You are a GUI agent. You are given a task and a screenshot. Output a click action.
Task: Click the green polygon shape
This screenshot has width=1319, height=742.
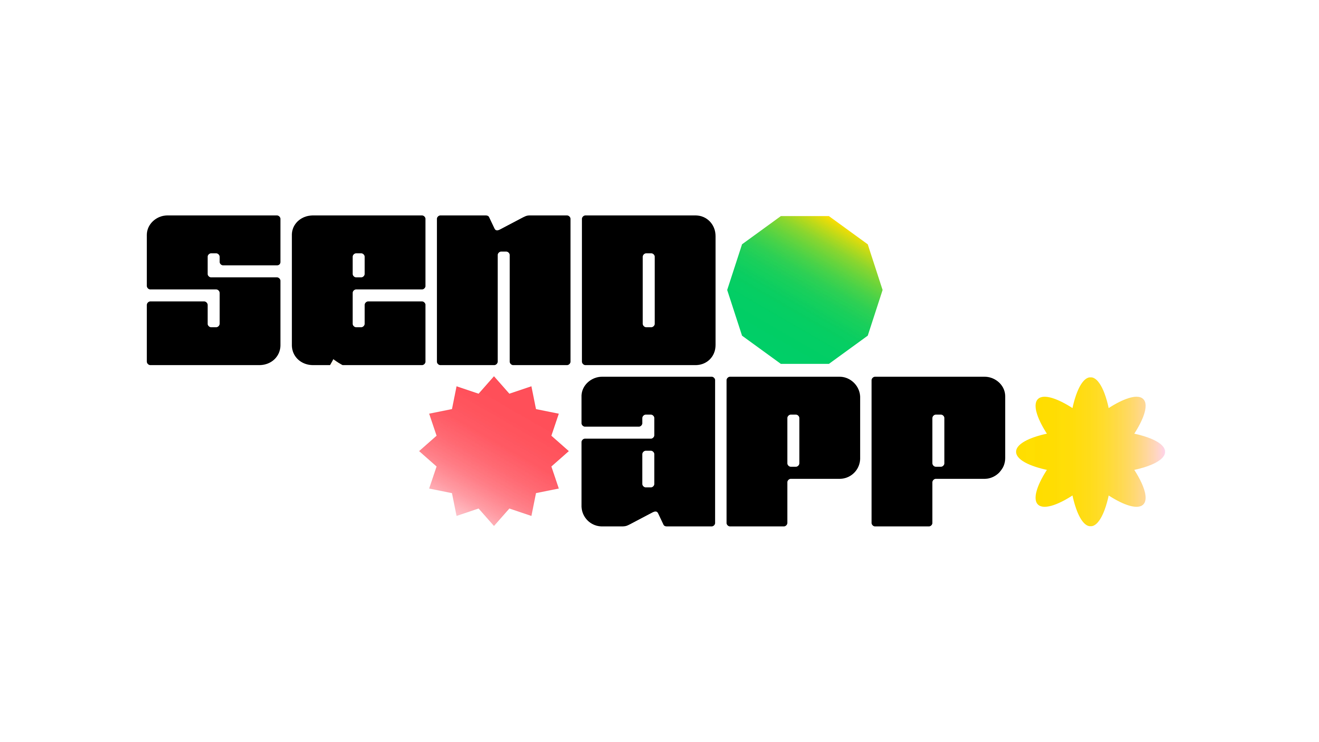[x=804, y=290]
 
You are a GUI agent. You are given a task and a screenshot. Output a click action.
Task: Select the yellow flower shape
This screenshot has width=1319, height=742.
[x=1091, y=452]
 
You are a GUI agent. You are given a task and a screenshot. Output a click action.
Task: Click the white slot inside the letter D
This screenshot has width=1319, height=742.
[x=649, y=290]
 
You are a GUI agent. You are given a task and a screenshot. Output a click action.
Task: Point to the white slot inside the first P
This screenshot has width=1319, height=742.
[x=793, y=440]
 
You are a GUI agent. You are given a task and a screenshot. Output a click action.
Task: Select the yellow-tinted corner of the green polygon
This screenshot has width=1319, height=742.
[x=850, y=231]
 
